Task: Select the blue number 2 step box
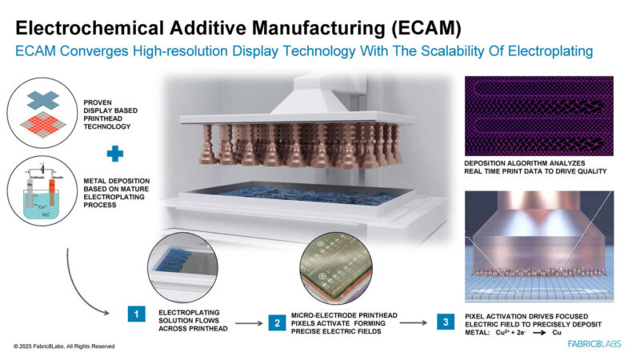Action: tap(277, 323)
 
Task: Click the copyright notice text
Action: tap(64, 346)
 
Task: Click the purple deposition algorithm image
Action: tap(538, 117)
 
